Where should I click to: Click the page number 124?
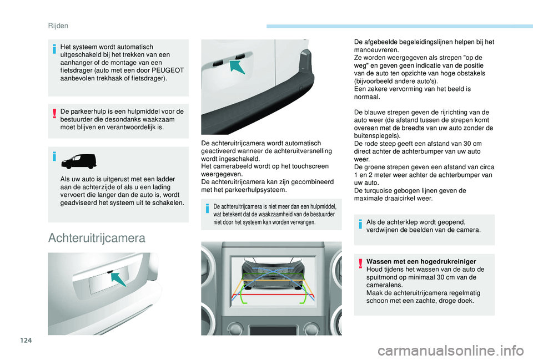pos(26,340)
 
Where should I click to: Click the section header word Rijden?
pos(58,26)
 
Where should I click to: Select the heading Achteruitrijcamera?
pos(97,238)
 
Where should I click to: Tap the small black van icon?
pos(78,161)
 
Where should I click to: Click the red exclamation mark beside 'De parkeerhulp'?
pos(54,113)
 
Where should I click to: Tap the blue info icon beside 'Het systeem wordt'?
pos(54,49)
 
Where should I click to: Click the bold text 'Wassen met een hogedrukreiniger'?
pos(421,261)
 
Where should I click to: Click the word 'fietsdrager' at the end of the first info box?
pos(148,78)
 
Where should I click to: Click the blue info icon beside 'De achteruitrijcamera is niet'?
pos(207,208)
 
